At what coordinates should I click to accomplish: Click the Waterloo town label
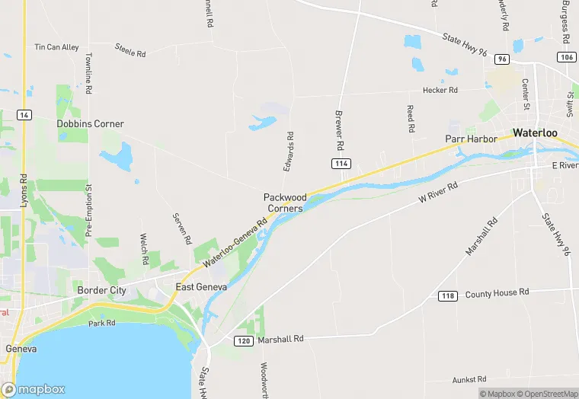(x=535, y=132)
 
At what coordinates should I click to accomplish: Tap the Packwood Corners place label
(x=284, y=203)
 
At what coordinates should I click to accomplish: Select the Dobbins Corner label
(x=90, y=123)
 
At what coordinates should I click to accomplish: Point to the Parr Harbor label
(x=471, y=139)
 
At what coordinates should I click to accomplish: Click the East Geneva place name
(x=201, y=287)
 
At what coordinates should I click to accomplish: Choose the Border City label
(x=101, y=290)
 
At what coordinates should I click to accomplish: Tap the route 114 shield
(x=341, y=164)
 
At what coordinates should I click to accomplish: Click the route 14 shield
(x=25, y=115)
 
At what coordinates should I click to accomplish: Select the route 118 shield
(x=447, y=295)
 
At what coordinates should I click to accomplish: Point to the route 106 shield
(x=565, y=56)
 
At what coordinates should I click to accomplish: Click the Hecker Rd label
(x=440, y=90)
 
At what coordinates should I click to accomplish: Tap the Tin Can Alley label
(x=56, y=47)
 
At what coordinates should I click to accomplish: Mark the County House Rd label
(x=497, y=292)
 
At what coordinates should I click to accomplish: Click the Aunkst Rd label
(x=469, y=378)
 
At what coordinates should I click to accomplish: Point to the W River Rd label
(x=438, y=192)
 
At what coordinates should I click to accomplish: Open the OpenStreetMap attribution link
(x=547, y=394)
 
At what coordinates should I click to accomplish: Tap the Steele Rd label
(x=130, y=51)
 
